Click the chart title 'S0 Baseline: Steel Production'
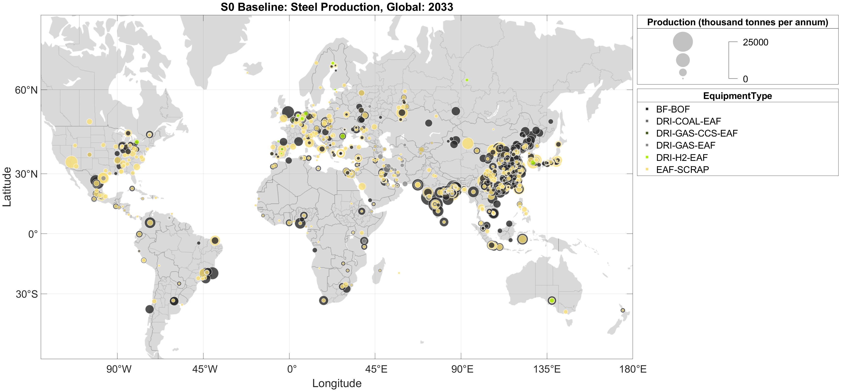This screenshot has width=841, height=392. [x=337, y=7]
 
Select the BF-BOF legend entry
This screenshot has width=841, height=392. [x=672, y=109]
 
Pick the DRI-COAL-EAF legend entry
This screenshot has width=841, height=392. [x=688, y=121]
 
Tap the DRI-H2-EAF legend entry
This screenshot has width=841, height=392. [x=682, y=158]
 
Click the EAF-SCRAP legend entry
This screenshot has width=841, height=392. [x=682, y=170]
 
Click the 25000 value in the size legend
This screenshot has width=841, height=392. [x=755, y=42]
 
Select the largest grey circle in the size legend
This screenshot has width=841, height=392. [x=683, y=42]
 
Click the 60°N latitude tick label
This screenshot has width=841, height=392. [x=26, y=90]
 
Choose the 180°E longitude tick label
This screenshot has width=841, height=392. [x=633, y=369]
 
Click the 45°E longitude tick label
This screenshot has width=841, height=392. [x=376, y=369]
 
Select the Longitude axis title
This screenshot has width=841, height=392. [x=337, y=383]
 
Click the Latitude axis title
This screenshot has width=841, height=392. [x=7, y=187]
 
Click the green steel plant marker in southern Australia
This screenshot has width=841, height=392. [x=552, y=301]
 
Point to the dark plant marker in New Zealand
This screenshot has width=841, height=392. [x=623, y=310]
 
